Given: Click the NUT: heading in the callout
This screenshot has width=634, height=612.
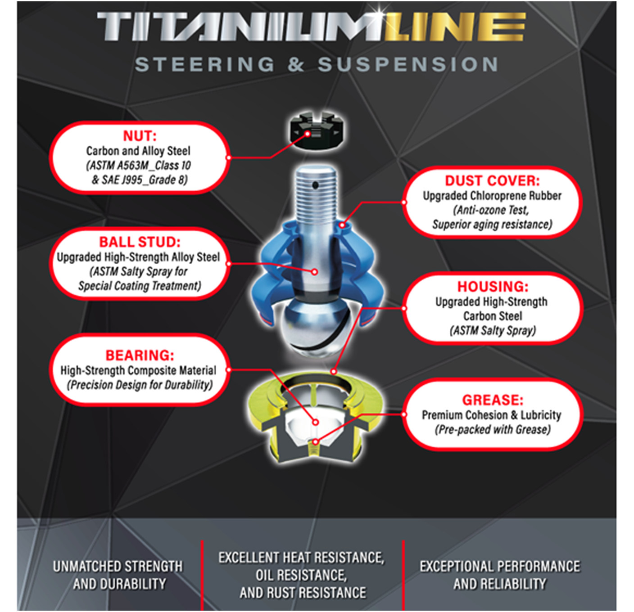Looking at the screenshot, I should pyautogui.click(x=140, y=136).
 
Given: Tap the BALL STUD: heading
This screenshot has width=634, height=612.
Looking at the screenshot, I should pyautogui.click(x=140, y=242).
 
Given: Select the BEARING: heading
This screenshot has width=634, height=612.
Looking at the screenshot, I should pyautogui.click(x=140, y=355).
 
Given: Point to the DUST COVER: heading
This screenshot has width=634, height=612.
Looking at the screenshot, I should pyautogui.click(x=492, y=181).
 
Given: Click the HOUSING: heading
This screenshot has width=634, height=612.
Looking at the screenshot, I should pyautogui.click(x=493, y=287).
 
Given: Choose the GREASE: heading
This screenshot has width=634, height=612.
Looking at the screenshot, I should pyautogui.click(x=493, y=400).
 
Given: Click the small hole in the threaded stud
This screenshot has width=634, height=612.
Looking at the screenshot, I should pyautogui.click(x=315, y=184).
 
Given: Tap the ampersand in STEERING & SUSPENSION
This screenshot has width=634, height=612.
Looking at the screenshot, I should pyautogui.click(x=296, y=64).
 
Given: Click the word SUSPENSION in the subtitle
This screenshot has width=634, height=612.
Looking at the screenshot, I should pyautogui.click(x=408, y=64).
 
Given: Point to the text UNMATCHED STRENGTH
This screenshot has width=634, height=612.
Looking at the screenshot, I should pyautogui.click(x=118, y=566).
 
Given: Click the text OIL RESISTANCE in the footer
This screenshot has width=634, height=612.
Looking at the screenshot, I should pyautogui.click(x=301, y=575).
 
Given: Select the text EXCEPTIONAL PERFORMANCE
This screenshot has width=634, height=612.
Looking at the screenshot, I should pyautogui.click(x=500, y=566).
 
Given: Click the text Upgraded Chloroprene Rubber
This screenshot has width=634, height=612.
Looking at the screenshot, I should pyautogui.click(x=492, y=196).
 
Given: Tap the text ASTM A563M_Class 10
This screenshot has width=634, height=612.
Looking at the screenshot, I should pyautogui.click(x=139, y=166).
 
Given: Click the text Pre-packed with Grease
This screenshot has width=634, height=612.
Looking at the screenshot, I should pyautogui.click(x=493, y=430).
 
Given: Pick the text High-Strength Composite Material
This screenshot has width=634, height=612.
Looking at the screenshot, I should pyautogui.click(x=138, y=370).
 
